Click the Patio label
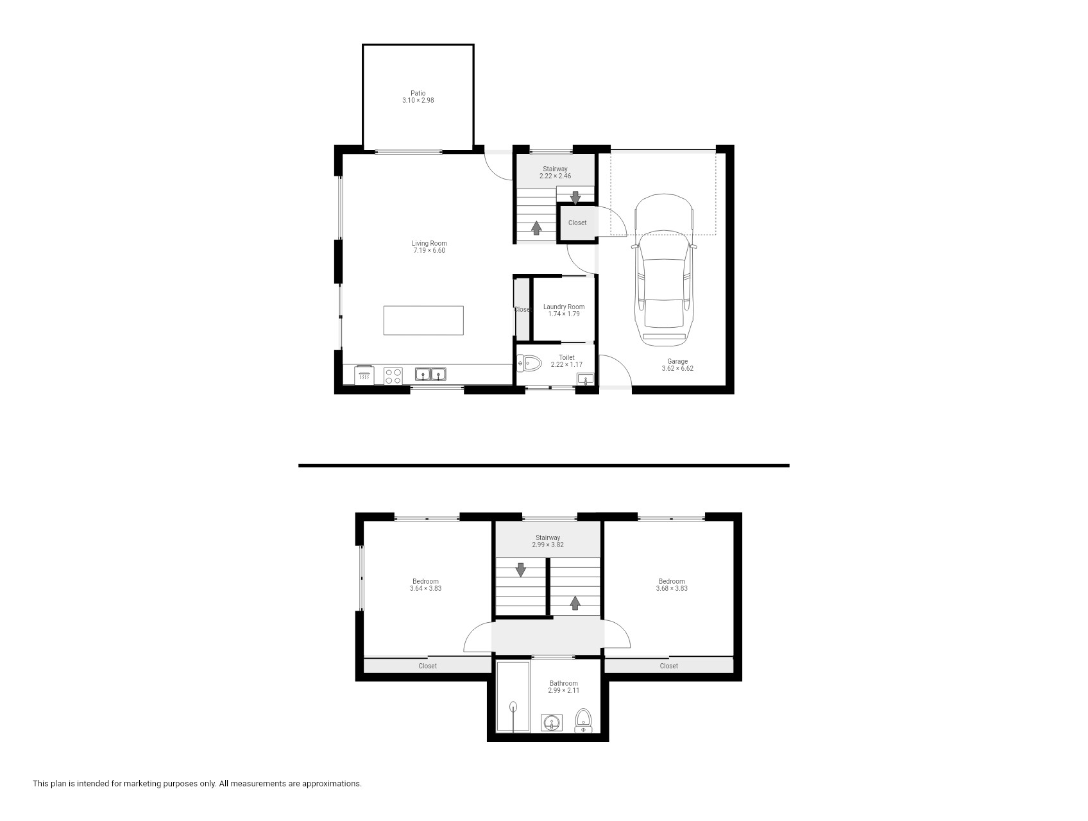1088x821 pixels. (418, 93)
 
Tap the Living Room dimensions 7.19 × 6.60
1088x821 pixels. (429, 251)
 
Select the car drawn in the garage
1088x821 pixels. (663, 269)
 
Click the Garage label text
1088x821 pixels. (677, 361)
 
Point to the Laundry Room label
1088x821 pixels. (564, 307)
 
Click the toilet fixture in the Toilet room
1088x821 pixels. (529, 364)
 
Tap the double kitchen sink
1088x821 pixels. (430, 373)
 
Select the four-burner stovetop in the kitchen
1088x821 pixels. (393, 375)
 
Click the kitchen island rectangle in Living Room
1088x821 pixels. (423, 320)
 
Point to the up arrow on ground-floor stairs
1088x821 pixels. (536, 228)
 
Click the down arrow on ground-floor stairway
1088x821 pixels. (575, 198)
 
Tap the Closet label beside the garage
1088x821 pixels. (577, 223)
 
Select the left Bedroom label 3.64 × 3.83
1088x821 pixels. (425, 585)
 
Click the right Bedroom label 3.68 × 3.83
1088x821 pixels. (672, 585)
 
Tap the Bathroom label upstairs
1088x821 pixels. (563, 683)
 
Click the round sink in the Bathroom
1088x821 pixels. (552, 724)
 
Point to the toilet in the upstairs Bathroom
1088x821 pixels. (583, 720)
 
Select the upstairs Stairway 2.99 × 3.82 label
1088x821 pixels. (548, 541)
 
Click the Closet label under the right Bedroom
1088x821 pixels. (669, 666)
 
